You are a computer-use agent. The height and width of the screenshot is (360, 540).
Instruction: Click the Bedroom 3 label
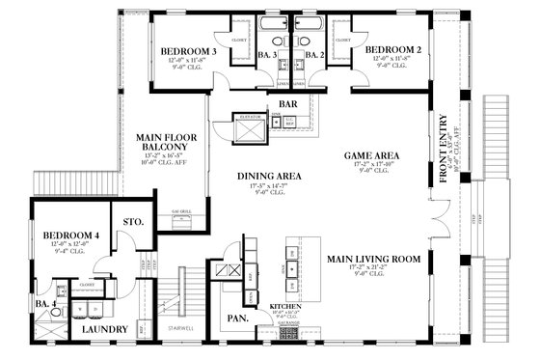(x=188, y=50)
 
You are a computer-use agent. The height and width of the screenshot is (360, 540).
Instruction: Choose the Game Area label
(x=372, y=154)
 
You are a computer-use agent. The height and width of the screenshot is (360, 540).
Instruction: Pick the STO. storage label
(x=134, y=222)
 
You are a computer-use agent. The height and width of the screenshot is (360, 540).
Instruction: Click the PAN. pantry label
(x=238, y=318)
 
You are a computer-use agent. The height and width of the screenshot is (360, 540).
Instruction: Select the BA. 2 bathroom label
(x=314, y=57)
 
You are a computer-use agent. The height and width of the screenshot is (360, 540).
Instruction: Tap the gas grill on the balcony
(x=181, y=222)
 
